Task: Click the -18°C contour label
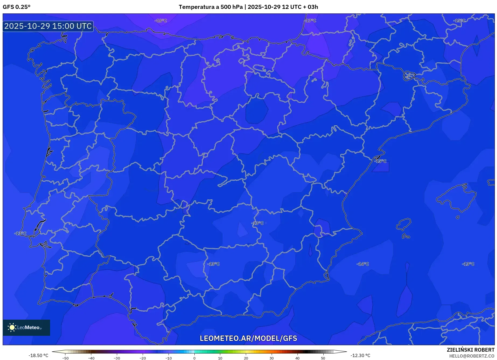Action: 161,21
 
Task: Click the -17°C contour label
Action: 310,21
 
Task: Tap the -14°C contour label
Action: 363,264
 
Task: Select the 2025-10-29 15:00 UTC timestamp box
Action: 48,26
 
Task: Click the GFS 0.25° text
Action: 17,7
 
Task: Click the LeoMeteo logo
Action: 26,327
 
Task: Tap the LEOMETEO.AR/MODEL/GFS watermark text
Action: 248,338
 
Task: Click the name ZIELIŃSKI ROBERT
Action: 470,350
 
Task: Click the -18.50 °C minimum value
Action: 38,355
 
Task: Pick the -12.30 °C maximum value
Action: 360,355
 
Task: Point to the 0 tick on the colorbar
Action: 194,358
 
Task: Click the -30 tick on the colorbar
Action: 117,358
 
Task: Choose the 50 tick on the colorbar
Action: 323,358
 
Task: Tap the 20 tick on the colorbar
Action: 246,358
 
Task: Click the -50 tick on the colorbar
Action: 65,358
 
